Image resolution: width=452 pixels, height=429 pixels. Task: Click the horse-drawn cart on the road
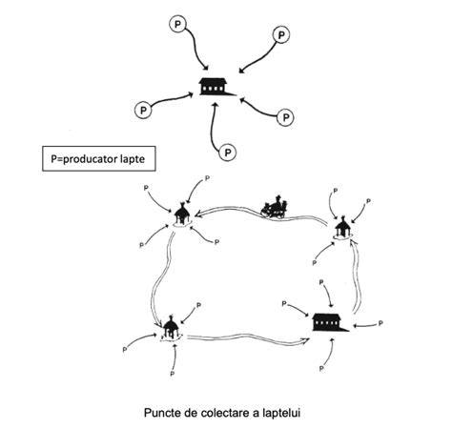click(275, 207)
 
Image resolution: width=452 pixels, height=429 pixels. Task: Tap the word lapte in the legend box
click(133, 159)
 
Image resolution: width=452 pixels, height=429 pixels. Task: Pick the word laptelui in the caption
click(281, 413)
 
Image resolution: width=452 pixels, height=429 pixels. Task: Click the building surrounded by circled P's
click(217, 87)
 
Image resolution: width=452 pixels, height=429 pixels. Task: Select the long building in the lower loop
click(330, 322)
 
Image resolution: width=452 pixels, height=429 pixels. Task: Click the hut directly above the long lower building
click(343, 228)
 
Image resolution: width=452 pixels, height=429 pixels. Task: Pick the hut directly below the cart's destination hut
click(171, 328)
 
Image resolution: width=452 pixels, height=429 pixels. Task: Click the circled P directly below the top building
click(228, 153)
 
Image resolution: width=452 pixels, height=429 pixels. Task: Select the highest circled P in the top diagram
click(178, 25)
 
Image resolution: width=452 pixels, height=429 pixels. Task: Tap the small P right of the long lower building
click(380, 323)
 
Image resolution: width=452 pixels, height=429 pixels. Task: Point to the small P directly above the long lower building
click(321, 282)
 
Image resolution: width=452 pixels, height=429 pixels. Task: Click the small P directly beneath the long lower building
click(321, 368)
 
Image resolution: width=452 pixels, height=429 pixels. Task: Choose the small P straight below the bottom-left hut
click(173, 374)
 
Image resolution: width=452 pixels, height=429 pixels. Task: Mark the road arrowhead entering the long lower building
click(306, 340)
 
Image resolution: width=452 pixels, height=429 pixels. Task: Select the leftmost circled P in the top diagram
click(143, 110)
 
